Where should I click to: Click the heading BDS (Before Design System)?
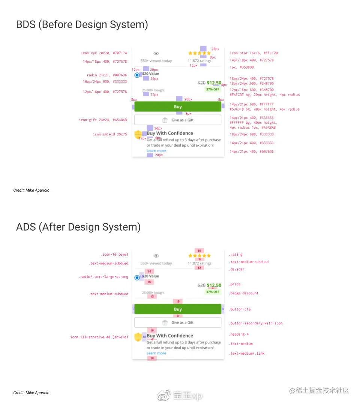click(x=82, y=25)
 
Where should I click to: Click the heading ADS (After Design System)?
click(x=78, y=227)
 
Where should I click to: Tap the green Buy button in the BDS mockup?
click(x=178, y=107)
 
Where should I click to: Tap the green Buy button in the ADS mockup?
click(x=178, y=309)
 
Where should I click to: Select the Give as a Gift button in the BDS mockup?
click(x=178, y=120)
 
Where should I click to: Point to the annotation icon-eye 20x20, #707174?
click(x=104, y=53)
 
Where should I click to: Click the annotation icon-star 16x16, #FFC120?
click(x=253, y=53)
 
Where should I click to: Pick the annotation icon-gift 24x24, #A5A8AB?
click(x=103, y=120)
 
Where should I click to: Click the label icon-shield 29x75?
click(x=110, y=134)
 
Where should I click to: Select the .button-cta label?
click(x=240, y=309)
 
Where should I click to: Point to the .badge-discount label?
click(x=243, y=293)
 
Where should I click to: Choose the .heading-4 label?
click(x=238, y=334)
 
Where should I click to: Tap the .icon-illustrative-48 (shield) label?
click(x=98, y=337)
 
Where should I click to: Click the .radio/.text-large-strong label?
click(x=103, y=277)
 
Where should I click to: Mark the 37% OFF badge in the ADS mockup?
click(x=213, y=292)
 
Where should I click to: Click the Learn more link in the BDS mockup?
click(x=156, y=151)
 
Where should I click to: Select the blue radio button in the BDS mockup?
click(x=137, y=75)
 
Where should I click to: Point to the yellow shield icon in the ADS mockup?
click(x=138, y=336)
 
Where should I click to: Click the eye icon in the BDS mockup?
click(x=156, y=54)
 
